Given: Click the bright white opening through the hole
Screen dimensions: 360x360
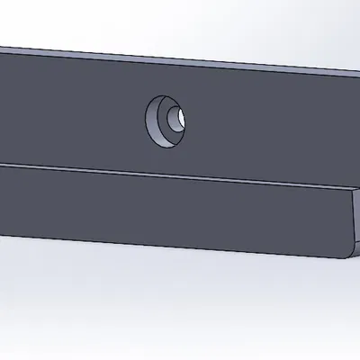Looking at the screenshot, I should pos(183,117).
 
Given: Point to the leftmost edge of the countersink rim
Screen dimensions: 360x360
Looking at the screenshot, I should pos(147,118).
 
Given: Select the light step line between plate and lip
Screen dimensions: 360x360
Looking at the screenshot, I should pos(180,171).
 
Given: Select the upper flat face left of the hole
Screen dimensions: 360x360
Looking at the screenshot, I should pos(72,108).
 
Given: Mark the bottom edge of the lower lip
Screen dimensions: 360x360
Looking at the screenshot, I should pos(180,247).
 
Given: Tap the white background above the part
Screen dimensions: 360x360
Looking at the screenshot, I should pos(180,22).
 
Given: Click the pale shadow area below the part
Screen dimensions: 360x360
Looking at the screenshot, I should pos(180,297).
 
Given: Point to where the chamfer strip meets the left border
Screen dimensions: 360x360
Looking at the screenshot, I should pos(2,48).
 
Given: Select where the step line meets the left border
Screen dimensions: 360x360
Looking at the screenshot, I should pos(2,164).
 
